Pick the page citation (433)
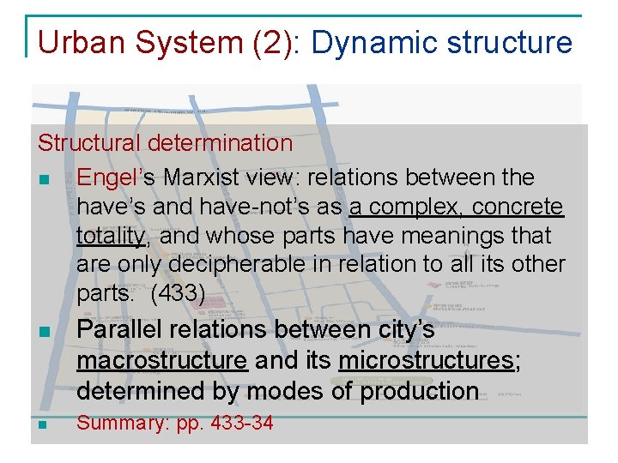point(177,294)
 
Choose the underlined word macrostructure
point(161,360)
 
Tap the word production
point(419,391)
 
